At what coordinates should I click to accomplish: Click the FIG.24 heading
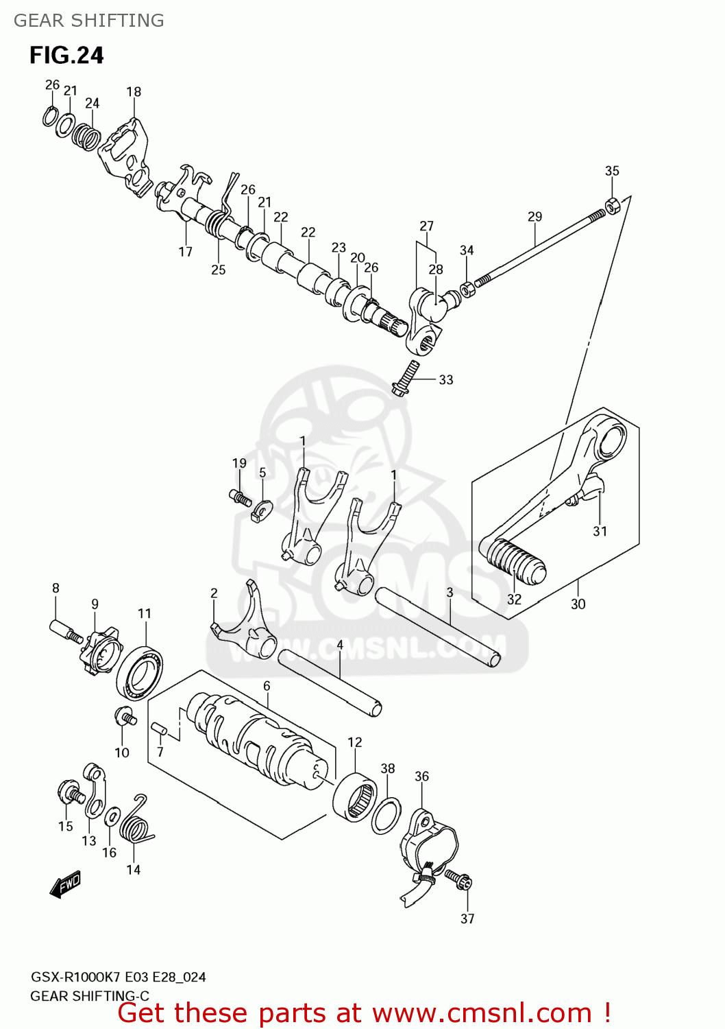click(66, 56)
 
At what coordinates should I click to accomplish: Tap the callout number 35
click(612, 171)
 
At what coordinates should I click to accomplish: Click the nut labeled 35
click(613, 204)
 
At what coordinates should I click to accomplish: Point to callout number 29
click(534, 217)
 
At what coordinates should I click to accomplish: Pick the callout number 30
click(578, 604)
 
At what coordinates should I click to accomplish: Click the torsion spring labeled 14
click(135, 823)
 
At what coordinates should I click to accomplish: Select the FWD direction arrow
click(66, 884)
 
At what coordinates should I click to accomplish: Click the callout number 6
click(267, 686)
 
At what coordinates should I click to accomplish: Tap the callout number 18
click(134, 92)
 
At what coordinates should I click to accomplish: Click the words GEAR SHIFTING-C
click(90, 996)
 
